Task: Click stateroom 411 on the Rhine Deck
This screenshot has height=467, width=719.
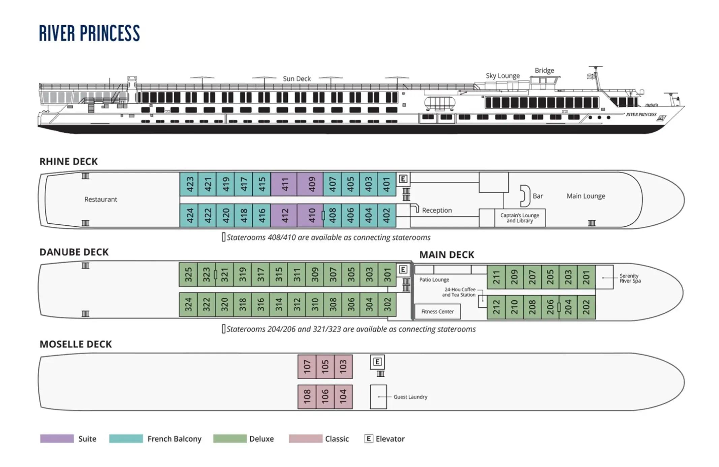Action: coord(284,184)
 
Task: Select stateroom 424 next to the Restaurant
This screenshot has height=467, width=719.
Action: coord(189,215)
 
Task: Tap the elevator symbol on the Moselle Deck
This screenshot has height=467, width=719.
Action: coord(377,362)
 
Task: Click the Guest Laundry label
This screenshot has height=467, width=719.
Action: coord(410,397)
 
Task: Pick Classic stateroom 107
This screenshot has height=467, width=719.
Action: coord(307,366)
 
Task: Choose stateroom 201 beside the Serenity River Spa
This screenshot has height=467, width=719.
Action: coord(586,277)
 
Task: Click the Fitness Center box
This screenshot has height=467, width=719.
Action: coord(437,311)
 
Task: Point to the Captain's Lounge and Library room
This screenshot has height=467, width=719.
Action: coord(520,218)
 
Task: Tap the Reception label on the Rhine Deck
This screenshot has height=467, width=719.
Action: coord(437,210)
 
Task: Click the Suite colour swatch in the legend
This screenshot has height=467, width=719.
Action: coord(57,439)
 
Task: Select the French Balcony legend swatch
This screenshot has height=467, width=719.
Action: coord(126,439)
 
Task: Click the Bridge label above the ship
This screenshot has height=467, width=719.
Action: coord(544,71)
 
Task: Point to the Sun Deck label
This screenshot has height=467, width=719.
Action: coord(296,79)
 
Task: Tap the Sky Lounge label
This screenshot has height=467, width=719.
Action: coord(502,76)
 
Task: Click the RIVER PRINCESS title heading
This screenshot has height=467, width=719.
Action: coord(89,33)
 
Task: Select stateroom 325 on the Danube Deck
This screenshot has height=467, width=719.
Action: coord(188,275)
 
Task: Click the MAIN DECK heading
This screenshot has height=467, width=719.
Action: coord(446,255)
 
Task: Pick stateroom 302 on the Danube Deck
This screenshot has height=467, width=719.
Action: coord(387,305)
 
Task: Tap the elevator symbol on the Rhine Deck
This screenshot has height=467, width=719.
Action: coord(403,179)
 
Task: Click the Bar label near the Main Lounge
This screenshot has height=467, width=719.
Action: coord(537,196)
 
